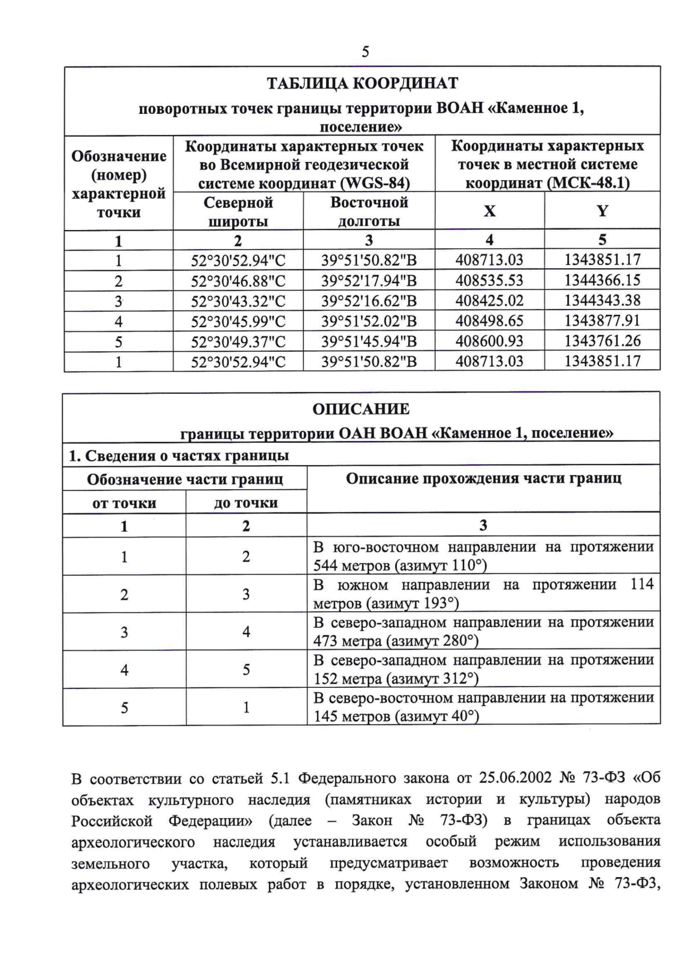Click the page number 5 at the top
[365, 52]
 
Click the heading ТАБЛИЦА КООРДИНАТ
[362, 84]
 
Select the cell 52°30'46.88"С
[238, 281]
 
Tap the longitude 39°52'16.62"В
[369, 301]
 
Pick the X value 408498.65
[489, 321]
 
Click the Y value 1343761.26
[602, 341]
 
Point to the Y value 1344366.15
[602, 280]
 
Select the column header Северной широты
[238, 212]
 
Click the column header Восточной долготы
[369, 212]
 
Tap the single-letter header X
[489, 211]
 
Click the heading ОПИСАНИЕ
[361, 409]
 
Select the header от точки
[124, 504]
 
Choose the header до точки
[246, 503]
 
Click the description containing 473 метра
[483, 632]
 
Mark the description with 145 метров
[483, 707]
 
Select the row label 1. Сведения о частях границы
[179, 456]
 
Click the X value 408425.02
[489, 301]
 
